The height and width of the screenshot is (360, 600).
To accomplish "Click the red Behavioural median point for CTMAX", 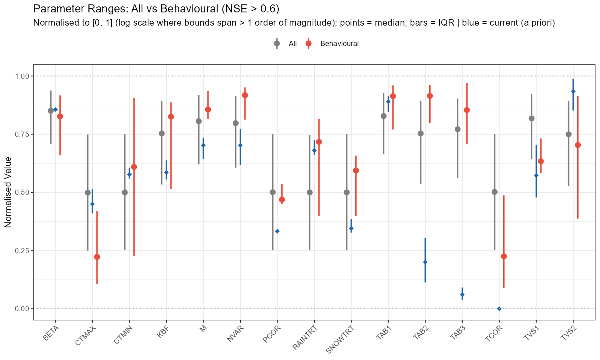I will tap(97, 257).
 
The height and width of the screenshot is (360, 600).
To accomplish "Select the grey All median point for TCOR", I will tap(494, 192).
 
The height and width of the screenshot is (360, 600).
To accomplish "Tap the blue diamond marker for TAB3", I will tap(462, 295).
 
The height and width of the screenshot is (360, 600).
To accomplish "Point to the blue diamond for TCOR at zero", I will tap(499, 308).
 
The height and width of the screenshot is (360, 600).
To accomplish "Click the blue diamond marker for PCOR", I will tap(277, 231).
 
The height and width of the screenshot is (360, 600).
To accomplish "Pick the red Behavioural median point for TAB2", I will tap(430, 96).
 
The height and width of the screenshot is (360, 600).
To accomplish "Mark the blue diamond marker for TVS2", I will tap(573, 92).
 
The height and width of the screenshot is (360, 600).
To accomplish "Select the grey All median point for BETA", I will tap(51, 111).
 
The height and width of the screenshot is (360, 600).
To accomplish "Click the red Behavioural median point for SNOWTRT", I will tap(356, 171).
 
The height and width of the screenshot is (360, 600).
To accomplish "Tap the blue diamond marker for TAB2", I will tap(425, 262).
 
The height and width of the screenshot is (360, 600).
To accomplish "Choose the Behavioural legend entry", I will tap(339, 44).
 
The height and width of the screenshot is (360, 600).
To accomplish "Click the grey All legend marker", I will tap(277, 44).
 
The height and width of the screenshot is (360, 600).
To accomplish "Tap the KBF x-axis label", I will tap(162, 332).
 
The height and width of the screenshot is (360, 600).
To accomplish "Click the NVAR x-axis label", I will tap(235, 333).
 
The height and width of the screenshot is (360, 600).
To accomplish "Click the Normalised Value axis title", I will tap(8, 192).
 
